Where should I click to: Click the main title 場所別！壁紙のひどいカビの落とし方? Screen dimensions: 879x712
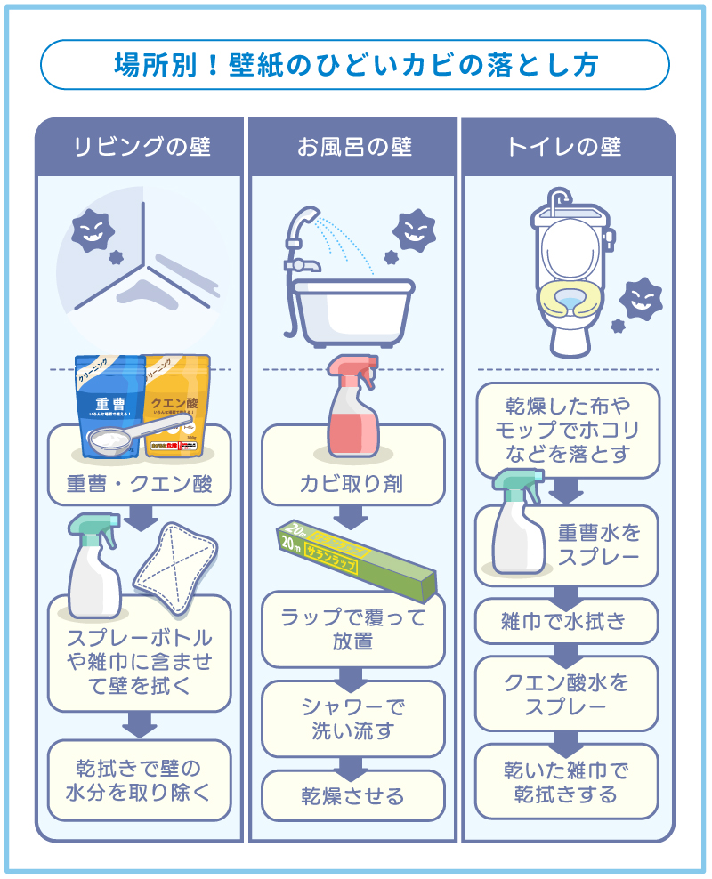click(355, 65)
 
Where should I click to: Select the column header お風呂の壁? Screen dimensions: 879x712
click(353, 147)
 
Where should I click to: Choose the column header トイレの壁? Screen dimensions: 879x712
click(568, 147)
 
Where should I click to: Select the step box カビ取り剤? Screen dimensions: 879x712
click(352, 484)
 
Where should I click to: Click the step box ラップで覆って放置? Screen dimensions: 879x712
click(352, 628)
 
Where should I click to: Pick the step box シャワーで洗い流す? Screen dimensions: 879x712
click(352, 719)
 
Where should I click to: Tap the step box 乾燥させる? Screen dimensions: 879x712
click(352, 795)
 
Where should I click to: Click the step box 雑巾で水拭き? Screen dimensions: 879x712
click(567, 621)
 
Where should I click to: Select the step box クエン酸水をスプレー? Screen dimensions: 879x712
click(567, 694)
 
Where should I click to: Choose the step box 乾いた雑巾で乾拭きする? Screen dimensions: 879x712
click(567, 781)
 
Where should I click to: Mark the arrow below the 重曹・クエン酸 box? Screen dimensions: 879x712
click(140, 518)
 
